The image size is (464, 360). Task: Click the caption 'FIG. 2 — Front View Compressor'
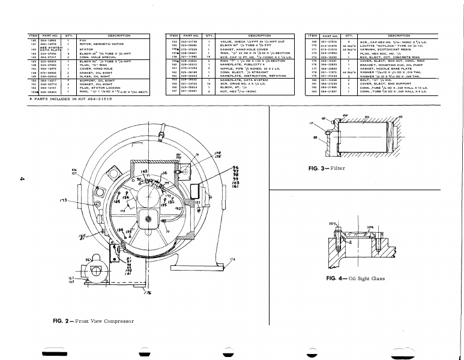coord(93,322)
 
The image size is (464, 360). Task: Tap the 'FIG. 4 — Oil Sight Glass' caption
coord(355,278)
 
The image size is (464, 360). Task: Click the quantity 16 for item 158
coord(208,56)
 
